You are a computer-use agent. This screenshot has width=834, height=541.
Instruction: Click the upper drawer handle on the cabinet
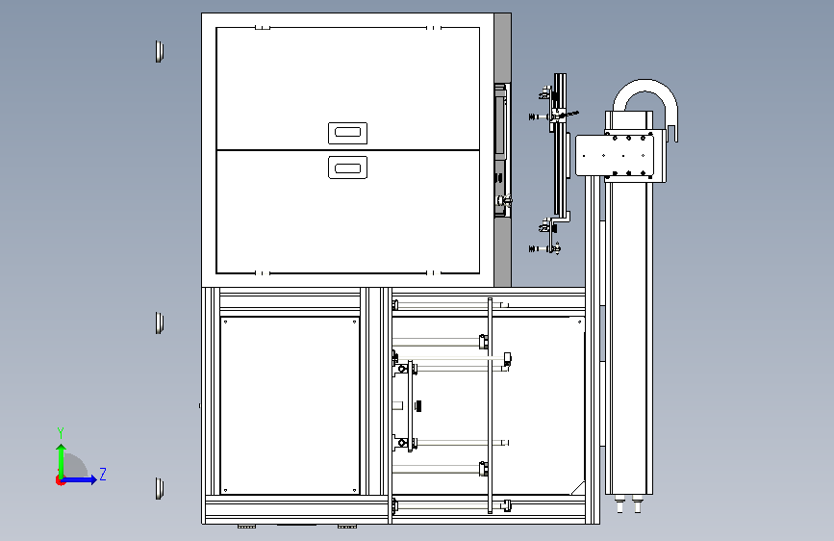point(348,133)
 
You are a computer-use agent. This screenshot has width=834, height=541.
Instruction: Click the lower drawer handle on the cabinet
point(348,167)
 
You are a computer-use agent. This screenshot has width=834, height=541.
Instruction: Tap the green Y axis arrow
point(62,461)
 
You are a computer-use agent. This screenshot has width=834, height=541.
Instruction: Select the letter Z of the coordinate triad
point(103,474)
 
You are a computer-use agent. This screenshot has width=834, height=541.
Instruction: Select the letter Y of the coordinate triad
point(61,433)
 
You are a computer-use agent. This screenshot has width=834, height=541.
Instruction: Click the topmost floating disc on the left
point(159,52)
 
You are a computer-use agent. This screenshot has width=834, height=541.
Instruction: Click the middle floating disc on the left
point(159,323)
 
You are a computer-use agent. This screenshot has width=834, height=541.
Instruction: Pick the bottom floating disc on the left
point(159,488)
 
